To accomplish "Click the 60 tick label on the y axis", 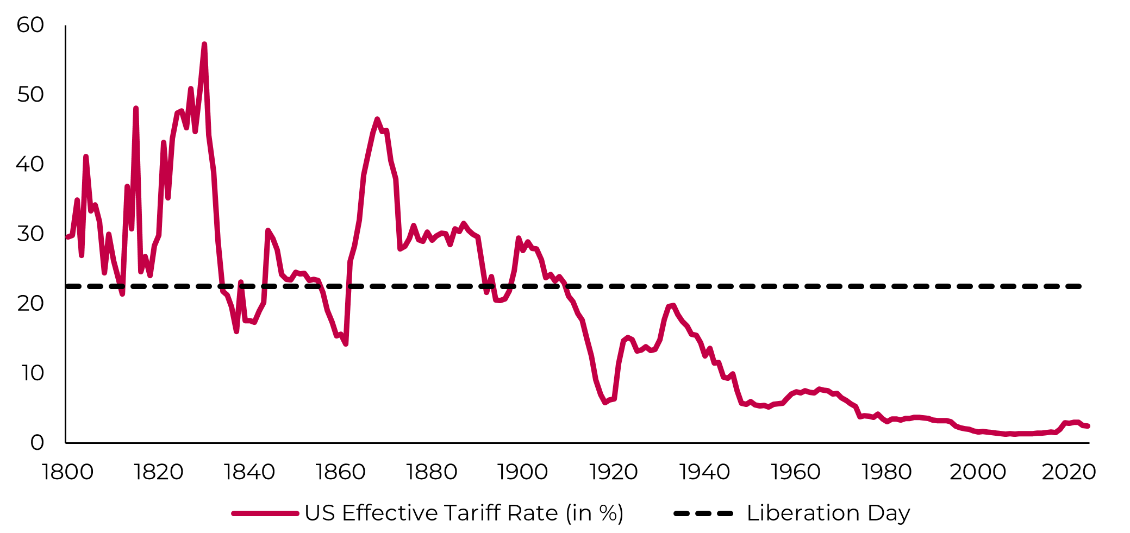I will click(x=30, y=25).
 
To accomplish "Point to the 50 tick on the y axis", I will click(x=30, y=95).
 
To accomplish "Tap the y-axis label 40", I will click(x=30, y=164).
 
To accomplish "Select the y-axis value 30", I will click(x=30, y=234).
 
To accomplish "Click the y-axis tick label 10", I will click(x=32, y=373).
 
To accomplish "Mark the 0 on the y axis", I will click(x=37, y=442).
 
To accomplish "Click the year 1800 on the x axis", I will click(x=67, y=472).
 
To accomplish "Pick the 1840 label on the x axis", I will click(x=249, y=472).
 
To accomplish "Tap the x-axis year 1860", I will click(x=340, y=472).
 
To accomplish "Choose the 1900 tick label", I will click(x=522, y=472).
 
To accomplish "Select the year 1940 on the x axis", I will click(x=704, y=472).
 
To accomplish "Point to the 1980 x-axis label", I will click(x=886, y=472).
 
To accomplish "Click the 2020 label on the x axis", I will click(x=1069, y=472).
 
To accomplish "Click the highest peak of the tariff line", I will click(x=204, y=45).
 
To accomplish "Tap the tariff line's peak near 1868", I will click(x=377, y=119).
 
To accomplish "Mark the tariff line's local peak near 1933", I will click(x=673, y=305).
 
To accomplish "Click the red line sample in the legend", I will click(x=265, y=513).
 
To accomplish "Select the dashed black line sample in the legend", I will click(x=703, y=513).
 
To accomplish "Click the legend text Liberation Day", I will click(x=828, y=513).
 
